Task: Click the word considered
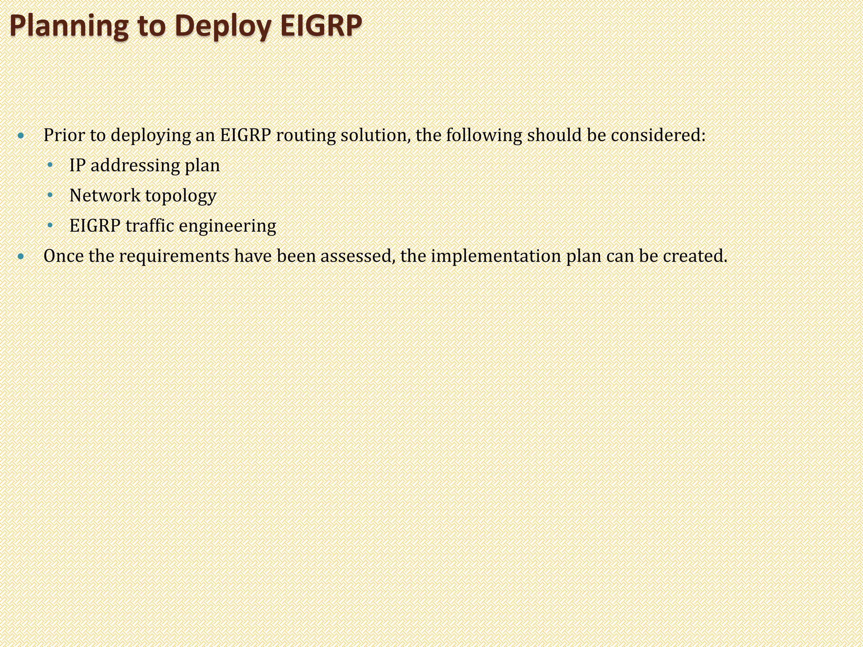658,135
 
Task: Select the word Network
105,195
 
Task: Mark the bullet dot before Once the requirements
21,257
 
